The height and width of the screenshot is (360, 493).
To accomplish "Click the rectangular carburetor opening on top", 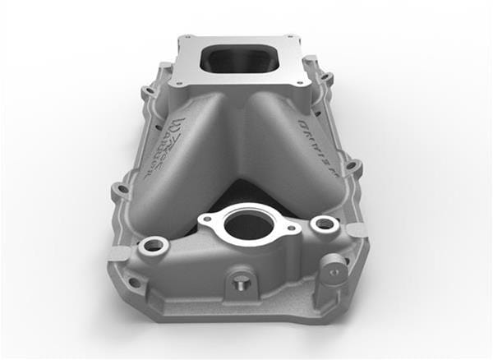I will (241, 58).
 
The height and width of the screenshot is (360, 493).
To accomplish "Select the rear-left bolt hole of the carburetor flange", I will (188, 38).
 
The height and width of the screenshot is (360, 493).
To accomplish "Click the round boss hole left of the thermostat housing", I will (153, 246).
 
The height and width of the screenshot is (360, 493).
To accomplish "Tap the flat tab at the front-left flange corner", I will (119, 252).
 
